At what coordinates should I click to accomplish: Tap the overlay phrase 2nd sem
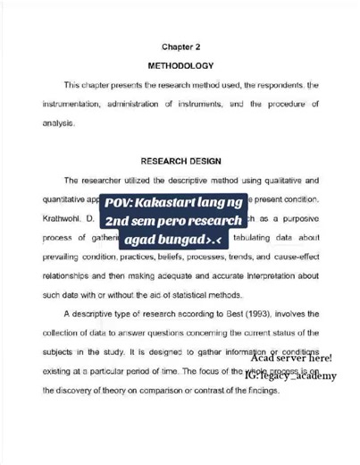(134, 220)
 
